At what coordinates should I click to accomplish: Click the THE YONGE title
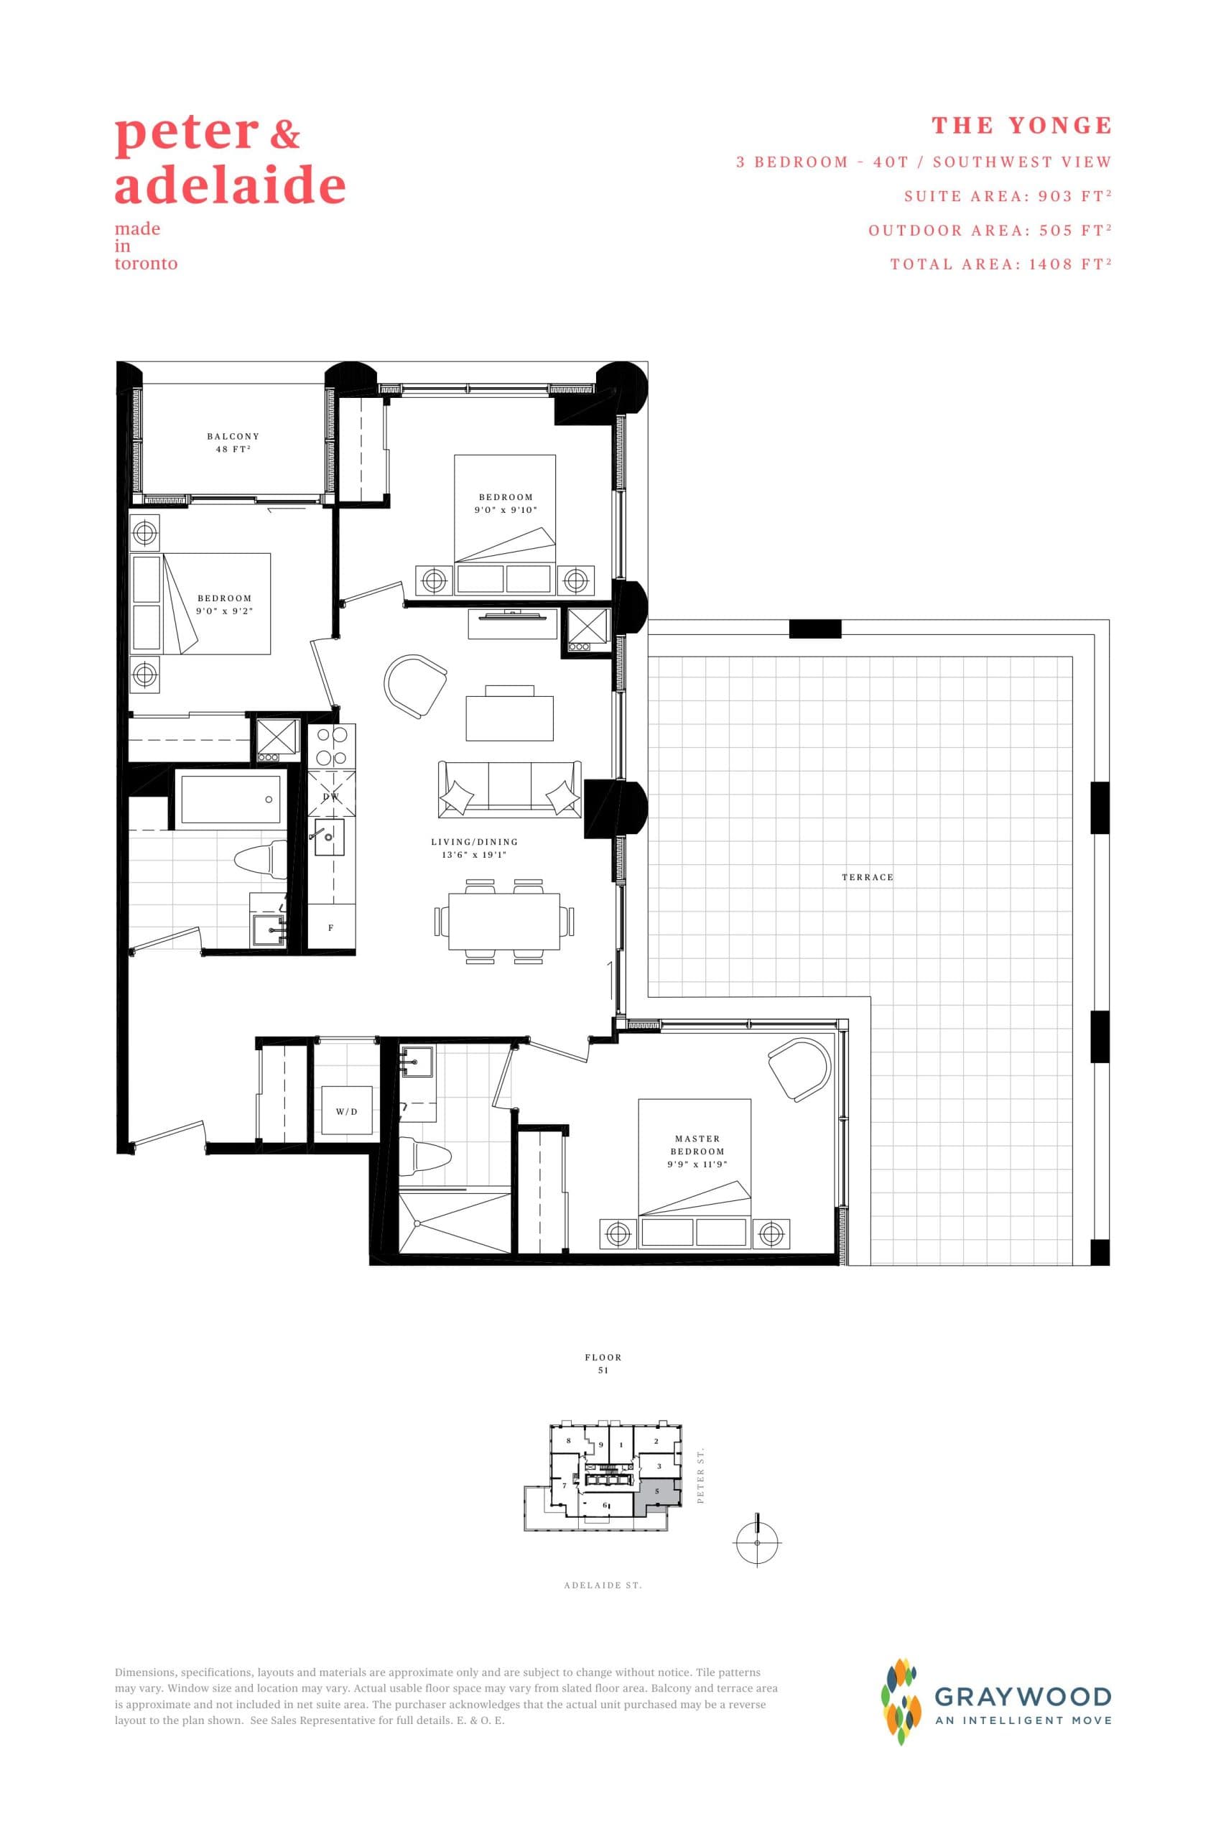tap(1021, 126)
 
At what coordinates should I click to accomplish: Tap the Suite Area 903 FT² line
tap(1007, 196)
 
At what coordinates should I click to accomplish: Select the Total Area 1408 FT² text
tap(1000, 264)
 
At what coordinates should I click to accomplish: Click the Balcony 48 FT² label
tap(233, 443)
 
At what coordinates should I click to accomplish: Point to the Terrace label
tap(867, 877)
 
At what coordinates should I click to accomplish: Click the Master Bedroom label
tap(697, 1144)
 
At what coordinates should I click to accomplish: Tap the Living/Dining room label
tap(475, 848)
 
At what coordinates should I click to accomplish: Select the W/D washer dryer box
tap(346, 1111)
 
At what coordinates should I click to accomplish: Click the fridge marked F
tap(332, 928)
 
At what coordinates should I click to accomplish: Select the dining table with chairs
tap(504, 921)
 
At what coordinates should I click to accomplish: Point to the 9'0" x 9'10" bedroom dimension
tap(505, 510)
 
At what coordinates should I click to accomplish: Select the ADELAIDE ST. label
tap(603, 1585)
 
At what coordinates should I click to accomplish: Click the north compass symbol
tap(757, 1541)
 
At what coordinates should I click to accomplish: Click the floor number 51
tap(603, 1370)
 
